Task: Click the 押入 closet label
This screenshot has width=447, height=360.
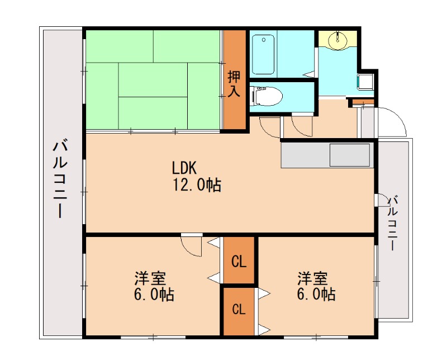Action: (234, 83)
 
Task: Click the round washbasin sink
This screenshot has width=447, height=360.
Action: (337, 40)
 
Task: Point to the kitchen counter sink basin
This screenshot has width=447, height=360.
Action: (350, 154)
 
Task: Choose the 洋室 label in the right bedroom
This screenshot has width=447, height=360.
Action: (312, 278)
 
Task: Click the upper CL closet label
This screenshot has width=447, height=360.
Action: (239, 261)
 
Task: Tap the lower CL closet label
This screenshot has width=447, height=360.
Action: (239, 310)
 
